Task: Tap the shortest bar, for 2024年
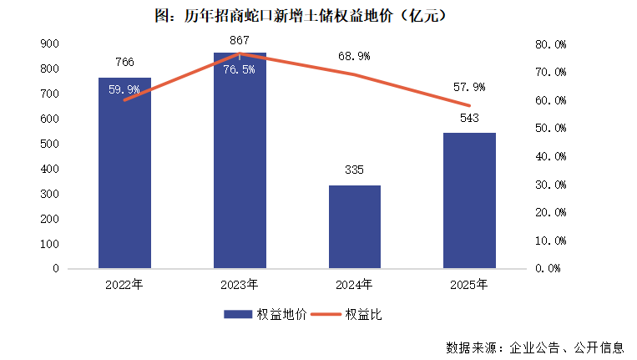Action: point(354,227)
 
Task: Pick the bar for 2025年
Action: point(469,201)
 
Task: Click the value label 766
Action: point(124,62)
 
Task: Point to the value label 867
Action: point(240,39)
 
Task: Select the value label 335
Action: point(354,170)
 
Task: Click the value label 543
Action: point(469,118)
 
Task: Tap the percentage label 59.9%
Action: point(124,89)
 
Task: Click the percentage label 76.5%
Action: point(240,68)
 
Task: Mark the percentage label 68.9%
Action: point(354,56)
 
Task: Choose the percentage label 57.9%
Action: point(469,87)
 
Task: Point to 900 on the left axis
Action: point(50,43)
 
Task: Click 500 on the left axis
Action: point(50,144)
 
